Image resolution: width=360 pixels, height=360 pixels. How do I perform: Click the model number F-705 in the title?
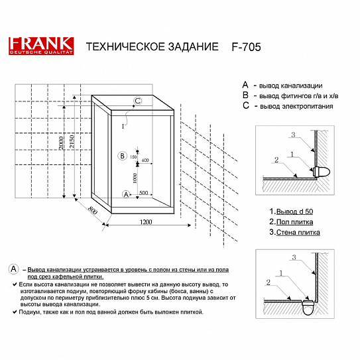[x=247, y=48]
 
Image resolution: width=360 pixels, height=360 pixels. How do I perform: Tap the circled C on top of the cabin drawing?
[x=137, y=101]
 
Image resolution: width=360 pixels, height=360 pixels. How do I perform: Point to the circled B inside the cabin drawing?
[x=121, y=156]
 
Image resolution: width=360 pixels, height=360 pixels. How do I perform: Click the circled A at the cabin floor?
[x=125, y=194]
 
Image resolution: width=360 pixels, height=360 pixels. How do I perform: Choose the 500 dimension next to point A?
[x=142, y=194]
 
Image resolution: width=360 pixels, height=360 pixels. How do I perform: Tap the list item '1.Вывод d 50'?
[x=290, y=211]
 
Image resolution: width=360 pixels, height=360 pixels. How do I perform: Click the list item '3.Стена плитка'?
[x=294, y=233]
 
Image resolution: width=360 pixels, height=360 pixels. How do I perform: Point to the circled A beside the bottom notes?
[x=14, y=269]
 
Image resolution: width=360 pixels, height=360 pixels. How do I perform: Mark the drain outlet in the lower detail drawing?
[x=308, y=308]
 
